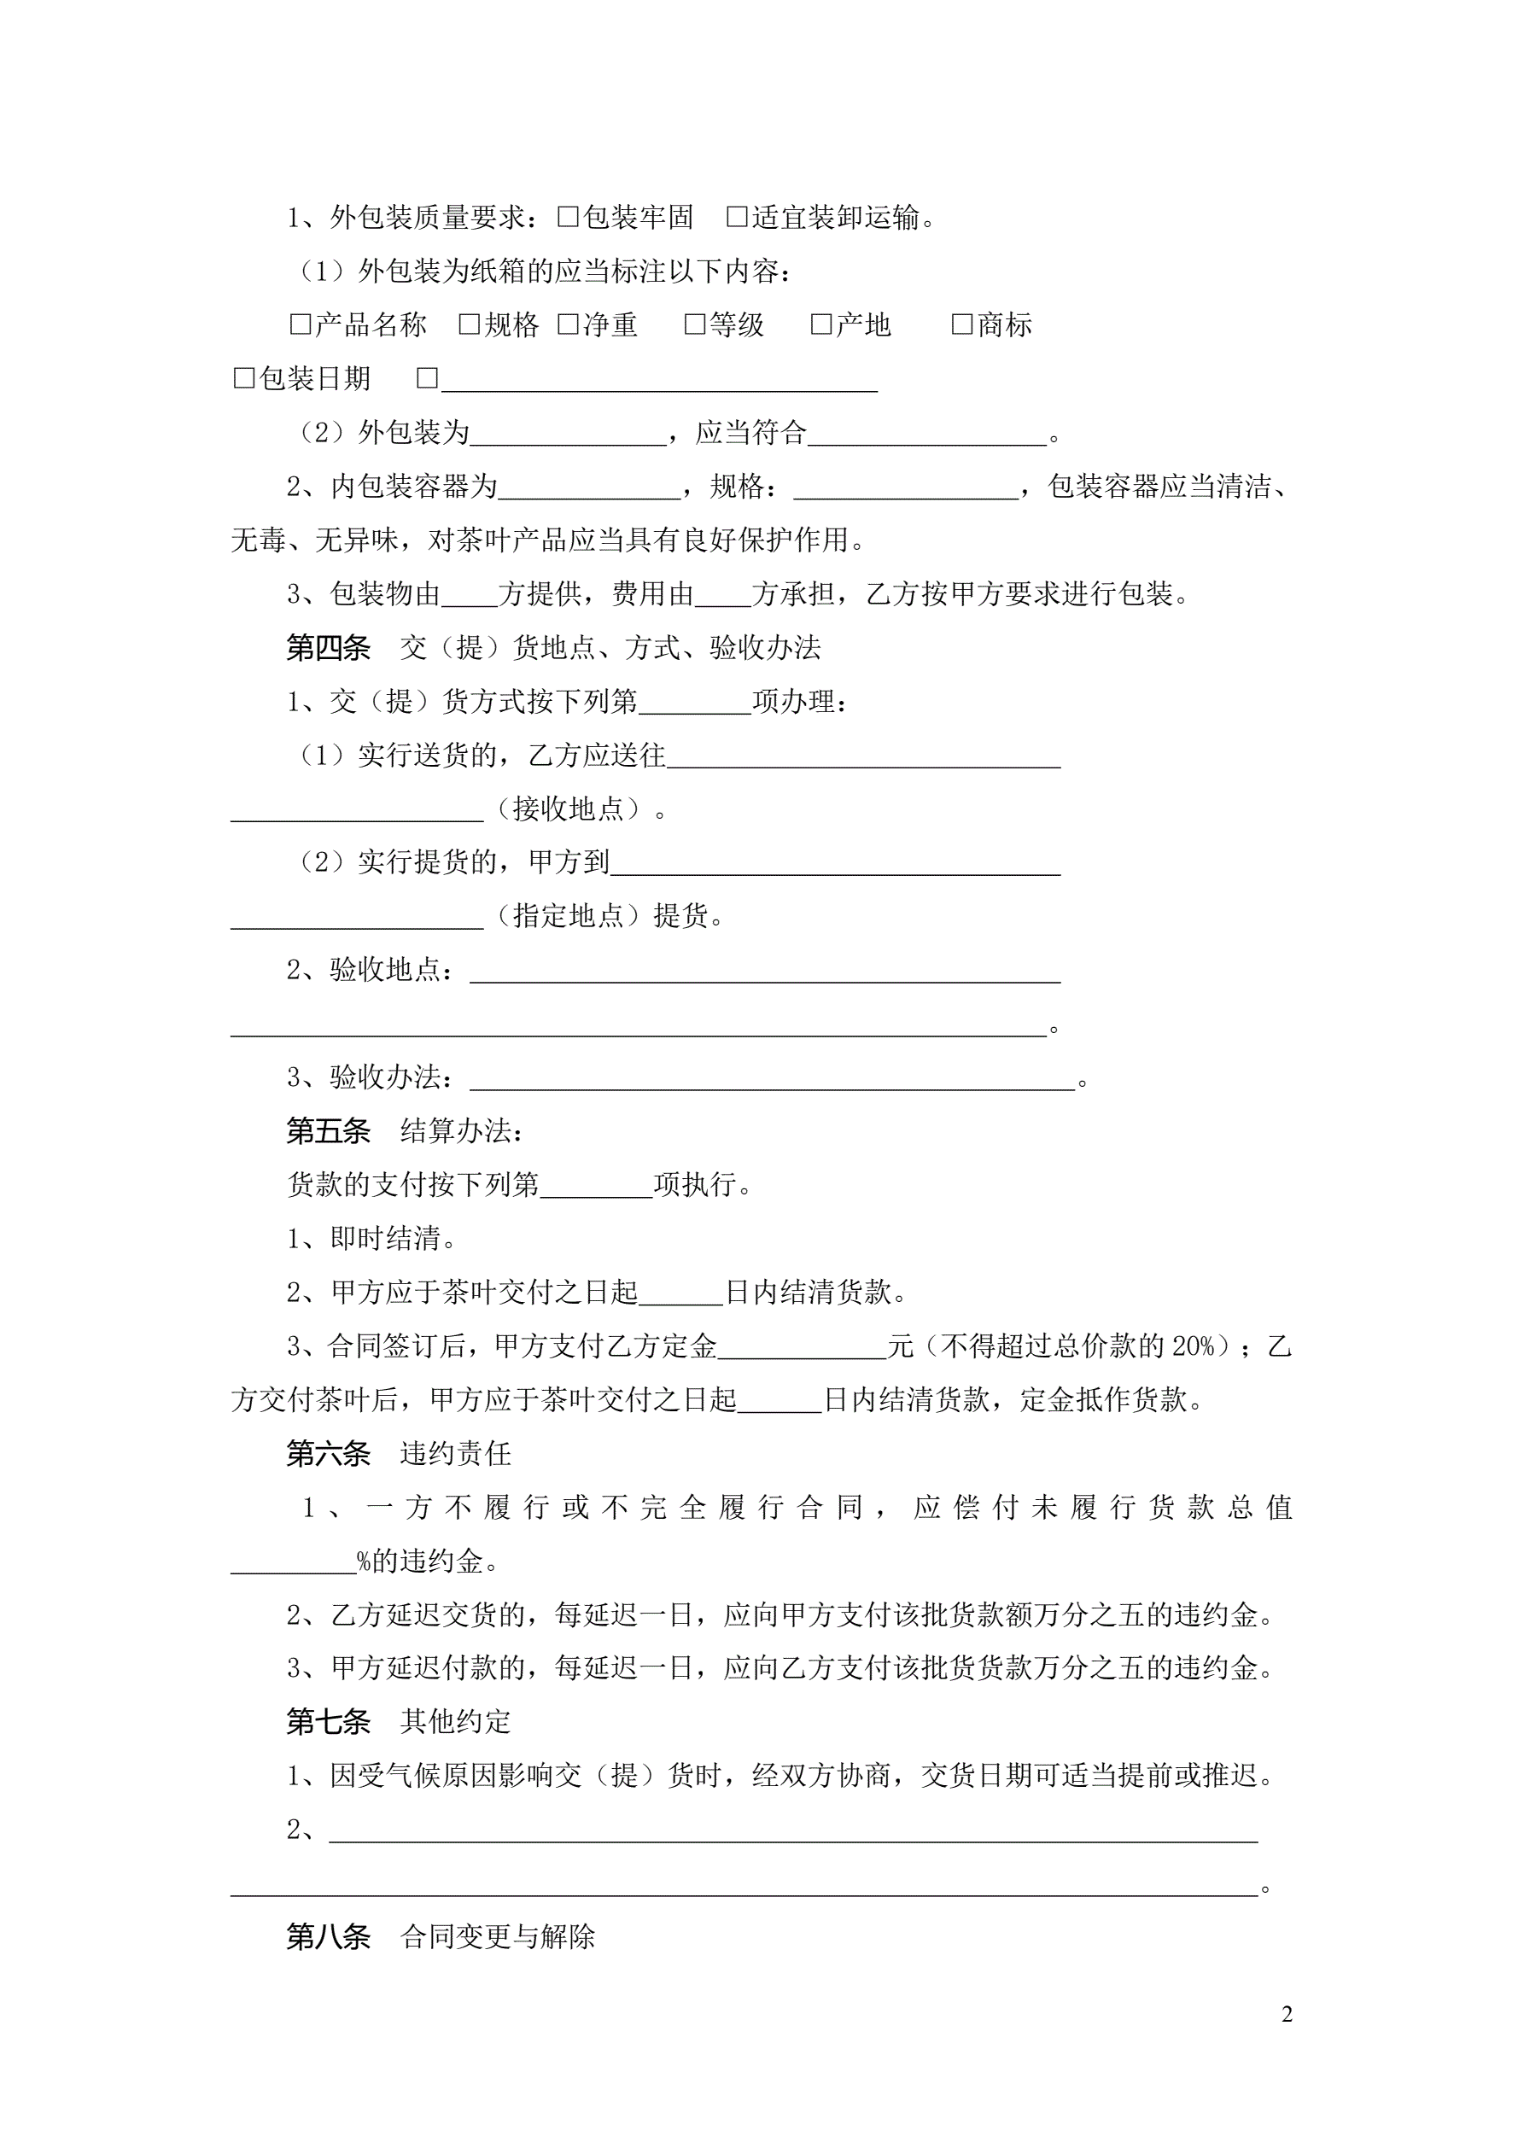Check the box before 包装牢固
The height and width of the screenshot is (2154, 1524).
[568, 217]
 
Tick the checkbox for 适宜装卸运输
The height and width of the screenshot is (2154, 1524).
[737, 217]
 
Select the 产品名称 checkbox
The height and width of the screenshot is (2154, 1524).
[301, 324]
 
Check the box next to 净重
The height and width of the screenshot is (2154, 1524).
[568, 324]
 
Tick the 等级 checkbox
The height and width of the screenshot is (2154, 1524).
[694, 324]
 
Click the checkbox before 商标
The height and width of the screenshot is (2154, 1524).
[962, 324]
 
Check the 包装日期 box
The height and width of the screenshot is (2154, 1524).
[244, 378]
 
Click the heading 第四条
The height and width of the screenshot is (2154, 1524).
[329, 647]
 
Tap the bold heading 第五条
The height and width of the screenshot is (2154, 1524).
[329, 1130]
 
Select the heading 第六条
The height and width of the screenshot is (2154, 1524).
[329, 1453]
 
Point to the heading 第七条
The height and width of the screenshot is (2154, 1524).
[329, 1721]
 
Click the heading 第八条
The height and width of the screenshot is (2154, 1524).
[329, 1936]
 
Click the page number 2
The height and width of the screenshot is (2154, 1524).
[1287, 2013]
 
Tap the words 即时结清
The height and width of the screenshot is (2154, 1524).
[386, 1239]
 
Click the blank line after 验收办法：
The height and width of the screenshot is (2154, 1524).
[771, 1079]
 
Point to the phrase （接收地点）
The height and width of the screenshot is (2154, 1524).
[569, 808]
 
